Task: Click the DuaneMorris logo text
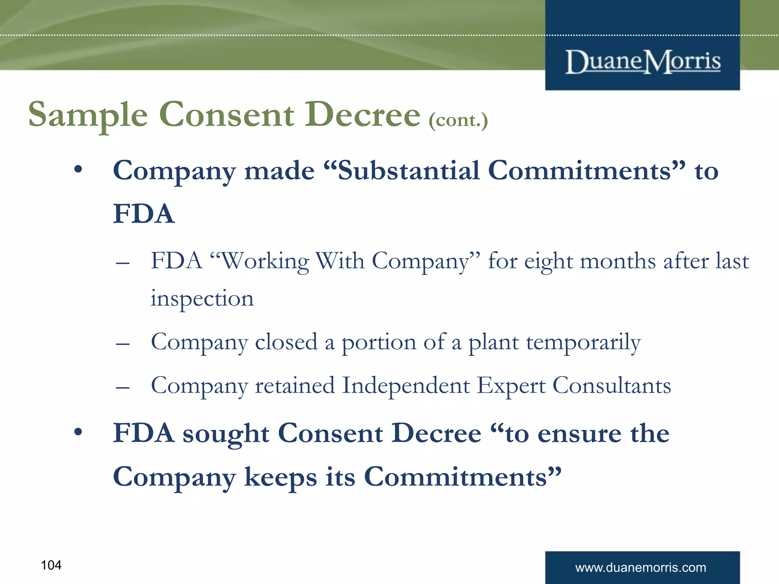pyautogui.click(x=643, y=62)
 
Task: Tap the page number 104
pyautogui.click(x=51, y=565)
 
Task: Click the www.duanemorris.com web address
pyautogui.click(x=641, y=568)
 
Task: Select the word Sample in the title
pyautogui.click(x=88, y=115)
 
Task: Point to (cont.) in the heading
pyautogui.click(x=458, y=121)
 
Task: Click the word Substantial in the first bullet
pyautogui.click(x=408, y=171)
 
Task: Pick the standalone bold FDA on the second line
pyautogui.click(x=144, y=214)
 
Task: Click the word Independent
pyautogui.click(x=406, y=386)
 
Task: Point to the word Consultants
pyautogui.click(x=612, y=386)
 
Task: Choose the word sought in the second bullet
pyautogui.click(x=226, y=433)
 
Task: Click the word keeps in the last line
pyautogui.click(x=280, y=478)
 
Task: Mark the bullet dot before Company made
pyautogui.click(x=78, y=170)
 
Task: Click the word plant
pyautogui.click(x=493, y=343)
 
